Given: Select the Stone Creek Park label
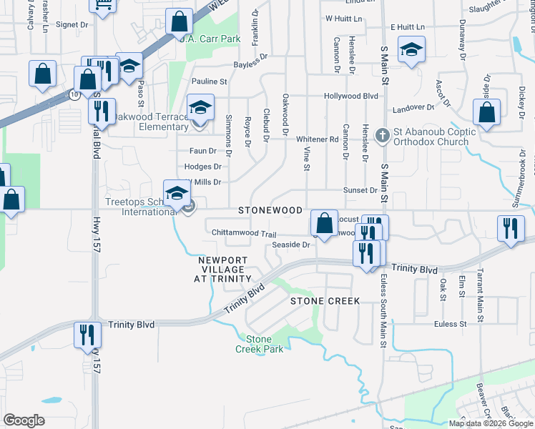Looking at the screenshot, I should click(x=259, y=344).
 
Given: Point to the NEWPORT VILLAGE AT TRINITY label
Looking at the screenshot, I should click(x=225, y=270).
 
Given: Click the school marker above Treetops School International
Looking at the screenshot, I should click(x=177, y=194).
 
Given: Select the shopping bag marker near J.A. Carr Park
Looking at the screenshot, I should click(x=177, y=22).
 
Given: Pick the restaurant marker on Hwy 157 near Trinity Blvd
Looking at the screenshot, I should click(x=87, y=334).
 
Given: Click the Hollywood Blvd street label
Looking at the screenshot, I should click(x=350, y=96).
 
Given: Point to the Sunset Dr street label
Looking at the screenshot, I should click(x=360, y=190).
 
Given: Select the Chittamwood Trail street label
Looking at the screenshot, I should click(x=244, y=234).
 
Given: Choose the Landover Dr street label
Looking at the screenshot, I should click(x=413, y=109).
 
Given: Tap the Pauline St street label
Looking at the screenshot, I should click(x=209, y=82).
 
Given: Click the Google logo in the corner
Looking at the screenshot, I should click(x=24, y=420).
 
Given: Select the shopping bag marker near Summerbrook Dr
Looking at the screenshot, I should click(x=486, y=113).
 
